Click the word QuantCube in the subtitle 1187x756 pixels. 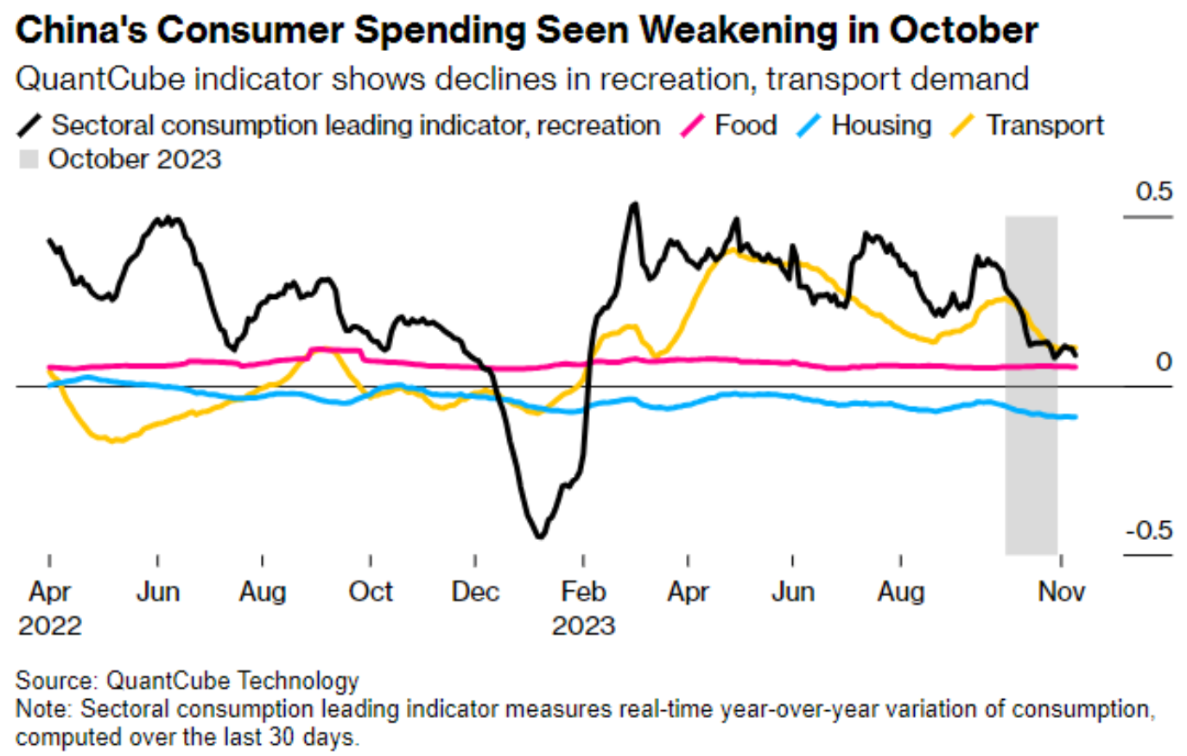[100, 79]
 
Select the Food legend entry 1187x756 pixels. [746, 125]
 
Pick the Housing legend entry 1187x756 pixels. [881, 125]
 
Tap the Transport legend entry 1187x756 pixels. [1044, 125]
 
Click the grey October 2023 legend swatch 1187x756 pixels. [29, 160]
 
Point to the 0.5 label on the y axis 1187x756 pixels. [1154, 191]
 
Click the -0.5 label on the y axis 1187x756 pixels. [1149, 530]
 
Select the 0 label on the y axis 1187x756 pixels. [1164, 361]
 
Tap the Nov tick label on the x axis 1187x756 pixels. [1061, 592]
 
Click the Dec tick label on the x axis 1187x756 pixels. [475, 592]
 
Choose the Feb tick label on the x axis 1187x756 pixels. [583, 592]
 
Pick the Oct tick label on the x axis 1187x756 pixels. [371, 592]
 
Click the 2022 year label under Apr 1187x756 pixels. [50, 626]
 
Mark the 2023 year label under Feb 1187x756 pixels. [583, 626]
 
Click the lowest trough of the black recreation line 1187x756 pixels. [540, 537]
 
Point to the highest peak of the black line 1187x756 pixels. [635, 205]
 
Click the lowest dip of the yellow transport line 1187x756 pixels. [115, 442]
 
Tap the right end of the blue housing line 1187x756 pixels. [1075, 417]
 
